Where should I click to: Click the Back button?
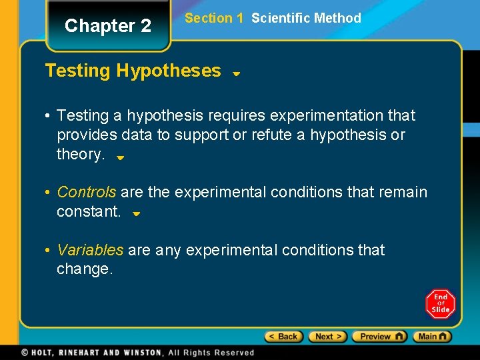pyautogui.click(x=284, y=337)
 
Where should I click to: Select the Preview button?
pyautogui.click(x=379, y=337)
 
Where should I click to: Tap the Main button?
pyautogui.click(x=432, y=337)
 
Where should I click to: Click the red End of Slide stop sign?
pyautogui.click(x=441, y=304)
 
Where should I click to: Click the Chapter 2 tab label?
pyautogui.click(x=108, y=26)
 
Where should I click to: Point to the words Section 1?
pyautogui.click(x=213, y=18)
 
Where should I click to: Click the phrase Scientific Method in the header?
pyautogui.click(x=306, y=18)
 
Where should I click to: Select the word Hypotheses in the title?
pyautogui.click(x=169, y=71)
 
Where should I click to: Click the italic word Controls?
pyautogui.click(x=87, y=192)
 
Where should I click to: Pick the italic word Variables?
pyautogui.click(x=90, y=250)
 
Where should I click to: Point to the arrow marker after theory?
pyautogui.click(x=120, y=158)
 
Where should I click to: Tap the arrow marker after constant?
pyautogui.click(x=135, y=215)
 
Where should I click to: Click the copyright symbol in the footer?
pyautogui.click(x=25, y=352)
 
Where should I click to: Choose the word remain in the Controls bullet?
pyautogui.click(x=403, y=192)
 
